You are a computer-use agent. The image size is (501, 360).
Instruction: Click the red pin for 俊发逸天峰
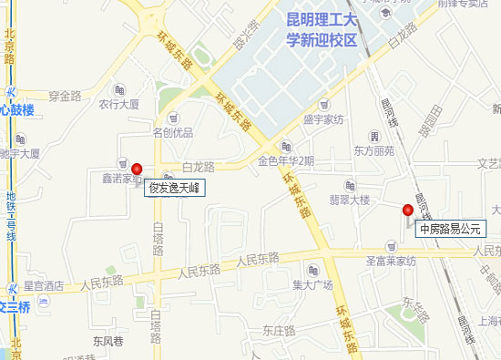click(x=138, y=169)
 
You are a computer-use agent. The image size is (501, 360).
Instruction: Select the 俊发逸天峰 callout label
click(x=175, y=190)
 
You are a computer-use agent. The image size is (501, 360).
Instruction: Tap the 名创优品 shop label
click(x=173, y=133)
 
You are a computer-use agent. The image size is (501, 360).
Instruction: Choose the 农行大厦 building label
click(x=118, y=104)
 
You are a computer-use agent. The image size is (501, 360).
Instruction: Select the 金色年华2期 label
click(x=286, y=161)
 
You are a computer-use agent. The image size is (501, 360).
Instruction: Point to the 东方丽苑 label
click(x=373, y=151)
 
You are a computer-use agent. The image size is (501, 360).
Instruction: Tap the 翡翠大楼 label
click(x=349, y=200)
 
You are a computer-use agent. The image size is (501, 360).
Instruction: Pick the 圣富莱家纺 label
click(x=390, y=261)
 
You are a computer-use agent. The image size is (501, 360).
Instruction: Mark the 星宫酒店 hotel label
click(x=42, y=285)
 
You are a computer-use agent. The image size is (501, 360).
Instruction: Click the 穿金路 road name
click(x=66, y=95)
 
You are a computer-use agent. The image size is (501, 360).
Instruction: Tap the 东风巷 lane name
click(x=107, y=344)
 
